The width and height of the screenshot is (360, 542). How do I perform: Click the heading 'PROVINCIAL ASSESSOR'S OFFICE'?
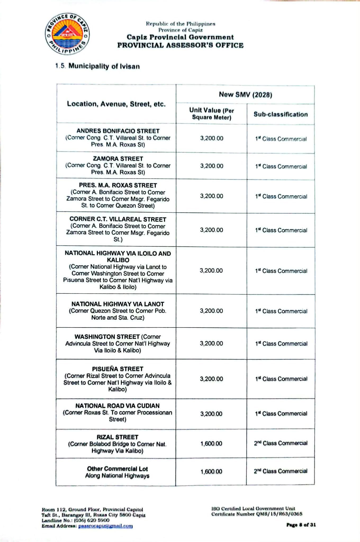[x=180, y=45]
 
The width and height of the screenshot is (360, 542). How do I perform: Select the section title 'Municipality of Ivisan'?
[x=104, y=66]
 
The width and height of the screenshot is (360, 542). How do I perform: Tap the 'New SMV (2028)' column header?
[x=245, y=95]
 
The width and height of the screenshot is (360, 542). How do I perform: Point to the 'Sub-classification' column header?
[x=281, y=114]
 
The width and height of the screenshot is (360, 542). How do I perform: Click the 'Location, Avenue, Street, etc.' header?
[x=116, y=104]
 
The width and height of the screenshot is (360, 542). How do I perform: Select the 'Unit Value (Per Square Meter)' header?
[x=211, y=114]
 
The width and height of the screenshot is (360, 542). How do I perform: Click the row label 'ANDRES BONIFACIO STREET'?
[x=118, y=131]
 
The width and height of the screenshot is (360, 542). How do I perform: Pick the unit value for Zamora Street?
[x=211, y=166]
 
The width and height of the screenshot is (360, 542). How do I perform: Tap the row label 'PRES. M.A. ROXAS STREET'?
[x=118, y=185]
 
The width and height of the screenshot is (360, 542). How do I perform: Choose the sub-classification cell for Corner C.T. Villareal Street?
[x=281, y=230]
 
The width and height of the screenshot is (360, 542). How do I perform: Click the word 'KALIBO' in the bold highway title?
[x=118, y=260]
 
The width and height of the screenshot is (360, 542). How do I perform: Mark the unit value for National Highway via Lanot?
[x=211, y=311]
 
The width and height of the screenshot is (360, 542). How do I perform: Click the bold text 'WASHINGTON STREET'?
[x=107, y=337]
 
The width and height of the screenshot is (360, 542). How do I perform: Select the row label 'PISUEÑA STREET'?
[x=118, y=369]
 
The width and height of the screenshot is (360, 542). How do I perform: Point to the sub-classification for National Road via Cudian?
[x=281, y=414]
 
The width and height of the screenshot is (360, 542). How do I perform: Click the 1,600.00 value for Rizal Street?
[x=211, y=444]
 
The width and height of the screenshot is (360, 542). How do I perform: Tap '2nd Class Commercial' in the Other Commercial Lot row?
[x=281, y=471]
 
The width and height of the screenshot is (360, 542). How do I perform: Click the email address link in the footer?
[x=105, y=526]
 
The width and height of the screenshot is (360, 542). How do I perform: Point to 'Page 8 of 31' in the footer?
[x=301, y=525]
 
